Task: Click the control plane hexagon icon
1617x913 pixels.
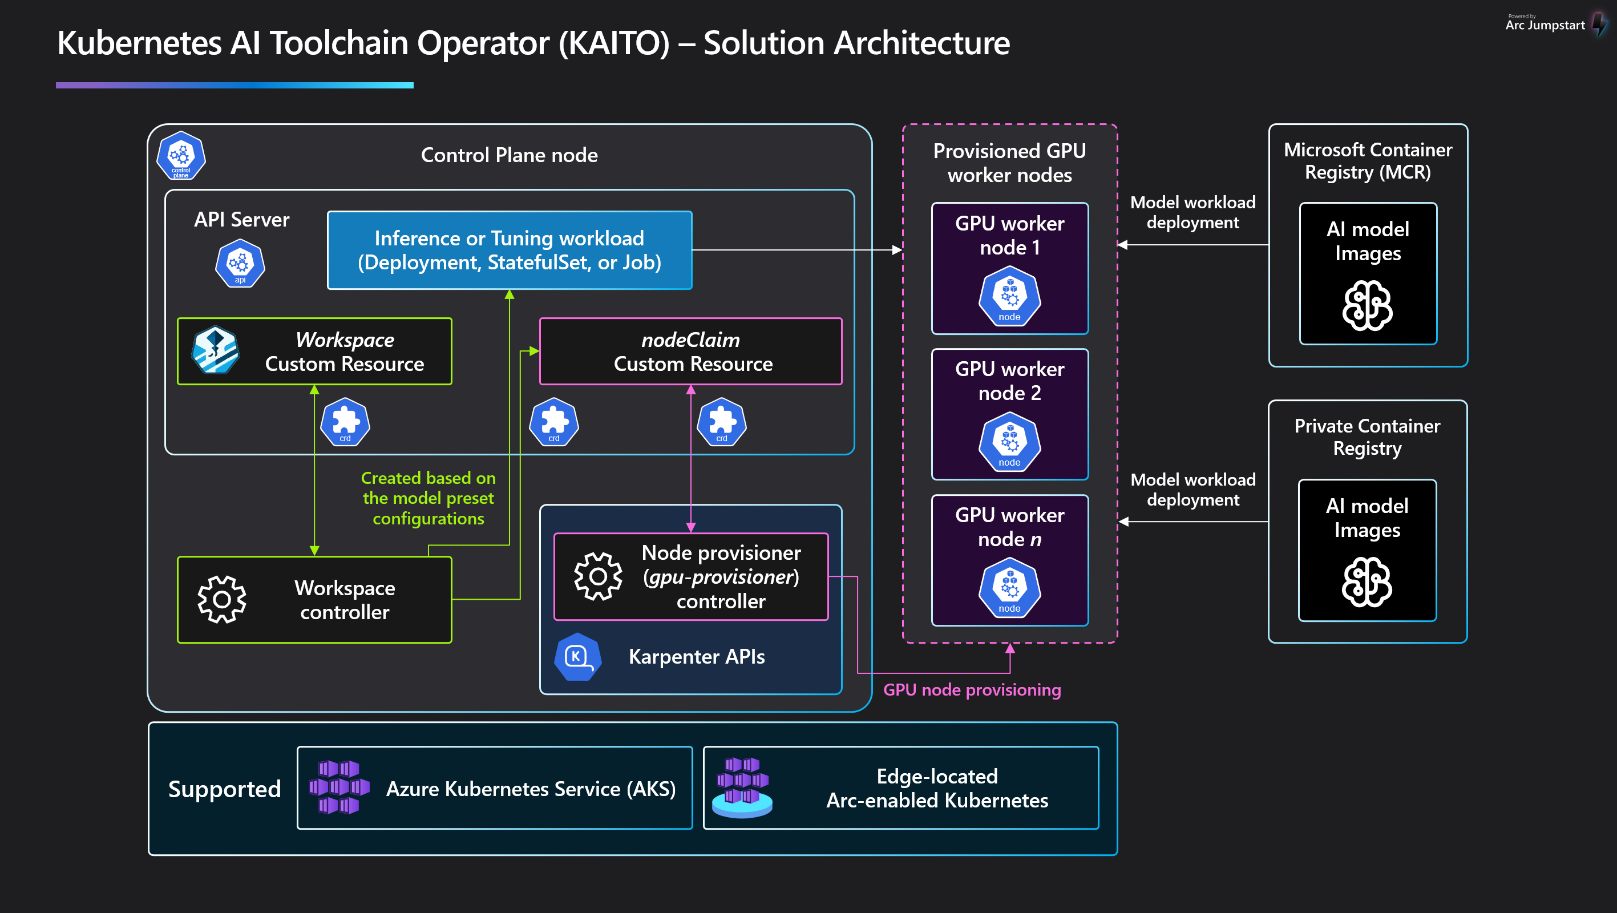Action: point(181,156)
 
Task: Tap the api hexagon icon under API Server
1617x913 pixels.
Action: point(240,264)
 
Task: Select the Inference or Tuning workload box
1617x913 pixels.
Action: point(509,250)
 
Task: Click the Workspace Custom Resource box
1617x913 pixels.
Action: point(314,351)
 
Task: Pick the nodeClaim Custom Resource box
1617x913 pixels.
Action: point(690,351)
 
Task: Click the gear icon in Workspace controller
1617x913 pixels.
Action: point(221,600)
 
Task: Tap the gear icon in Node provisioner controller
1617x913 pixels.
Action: point(597,576)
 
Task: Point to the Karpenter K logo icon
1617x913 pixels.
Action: point(577,657)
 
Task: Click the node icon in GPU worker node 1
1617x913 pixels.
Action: point(1009,296)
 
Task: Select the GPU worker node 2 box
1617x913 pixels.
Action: point(1009,414)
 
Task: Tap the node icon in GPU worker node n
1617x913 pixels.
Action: point(1009,588)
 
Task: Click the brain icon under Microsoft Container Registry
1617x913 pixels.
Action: point(1367,306)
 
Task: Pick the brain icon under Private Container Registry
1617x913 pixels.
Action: point(1367,582)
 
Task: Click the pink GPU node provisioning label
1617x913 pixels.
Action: point(972,689)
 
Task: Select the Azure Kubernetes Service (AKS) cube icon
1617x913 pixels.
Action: point(339,787)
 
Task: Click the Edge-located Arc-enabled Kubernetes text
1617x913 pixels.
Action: point(936,788)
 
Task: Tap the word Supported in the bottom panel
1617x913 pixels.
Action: point(224,789)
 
